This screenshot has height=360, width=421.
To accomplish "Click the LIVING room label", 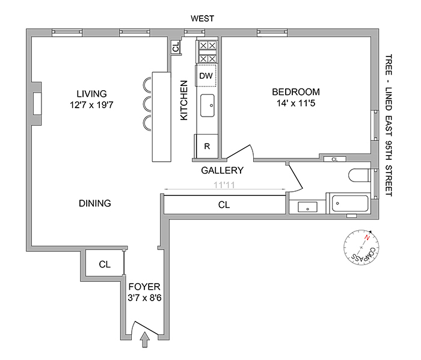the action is click(91, 94).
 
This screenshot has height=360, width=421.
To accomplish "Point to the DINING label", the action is click(95, 203).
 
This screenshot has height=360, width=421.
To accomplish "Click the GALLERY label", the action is click(222, 170).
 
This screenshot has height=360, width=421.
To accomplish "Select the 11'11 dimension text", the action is click(224, 186).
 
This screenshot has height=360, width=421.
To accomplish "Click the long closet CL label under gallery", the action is click(224, 204).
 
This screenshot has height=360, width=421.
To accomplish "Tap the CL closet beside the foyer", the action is click(105, 264).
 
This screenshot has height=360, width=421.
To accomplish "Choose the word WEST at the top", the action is click(202, 19).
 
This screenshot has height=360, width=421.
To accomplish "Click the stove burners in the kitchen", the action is click(206, 52).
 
